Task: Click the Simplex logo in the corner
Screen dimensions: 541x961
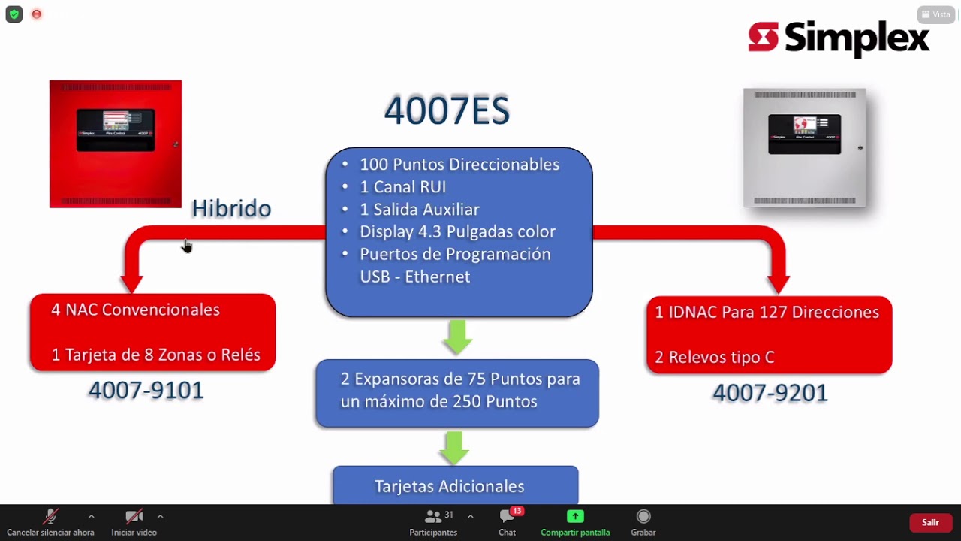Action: pyautogui.click(x=839, y=38)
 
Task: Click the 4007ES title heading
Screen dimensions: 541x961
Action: pyautogui.click(x=447, y=110)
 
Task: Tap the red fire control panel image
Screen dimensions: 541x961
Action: pyautogui.click(x=116, y=144)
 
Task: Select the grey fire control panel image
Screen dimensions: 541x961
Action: pyautogui.click(x=804, y=147)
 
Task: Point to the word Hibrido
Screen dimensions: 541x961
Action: pyautogui.click(x=231, y=208)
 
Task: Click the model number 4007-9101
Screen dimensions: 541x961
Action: pyautogui.click(x=146, y=390)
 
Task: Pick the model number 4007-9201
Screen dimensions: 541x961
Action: pyautogui.click(x=770, y=392)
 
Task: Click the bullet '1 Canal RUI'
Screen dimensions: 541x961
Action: pyautogui.click(x=402, y=187)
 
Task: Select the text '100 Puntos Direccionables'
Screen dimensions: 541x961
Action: pyautogui.click(x=459, y=165)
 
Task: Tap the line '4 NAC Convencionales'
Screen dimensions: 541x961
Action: pyautogui.click(x=135, y=310)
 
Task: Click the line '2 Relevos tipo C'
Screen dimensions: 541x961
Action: pyautogui.click(x=714, y=358)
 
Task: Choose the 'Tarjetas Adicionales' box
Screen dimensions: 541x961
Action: pyautogui.click(x=455, y=485)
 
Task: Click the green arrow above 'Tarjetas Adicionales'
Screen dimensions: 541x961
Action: pyautogui.click(x=454, y=447)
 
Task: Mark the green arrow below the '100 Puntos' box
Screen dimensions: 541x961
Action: pyautogui.click(x=457, y=337)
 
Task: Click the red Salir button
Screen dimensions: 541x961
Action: pyautogui.click(x=930, y=522)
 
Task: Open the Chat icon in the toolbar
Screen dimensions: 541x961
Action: pyautogui.click(x=507, y=517)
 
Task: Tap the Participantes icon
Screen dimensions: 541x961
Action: pyautogui.click(x=433, y=517)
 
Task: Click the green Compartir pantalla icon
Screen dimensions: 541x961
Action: pyautogui.click(x=575, y=516)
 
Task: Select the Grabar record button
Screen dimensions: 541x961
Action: pyautogui.click(x=643, y=516)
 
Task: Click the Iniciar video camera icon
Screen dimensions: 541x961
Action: pyautogui.click(x=134, y=516)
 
